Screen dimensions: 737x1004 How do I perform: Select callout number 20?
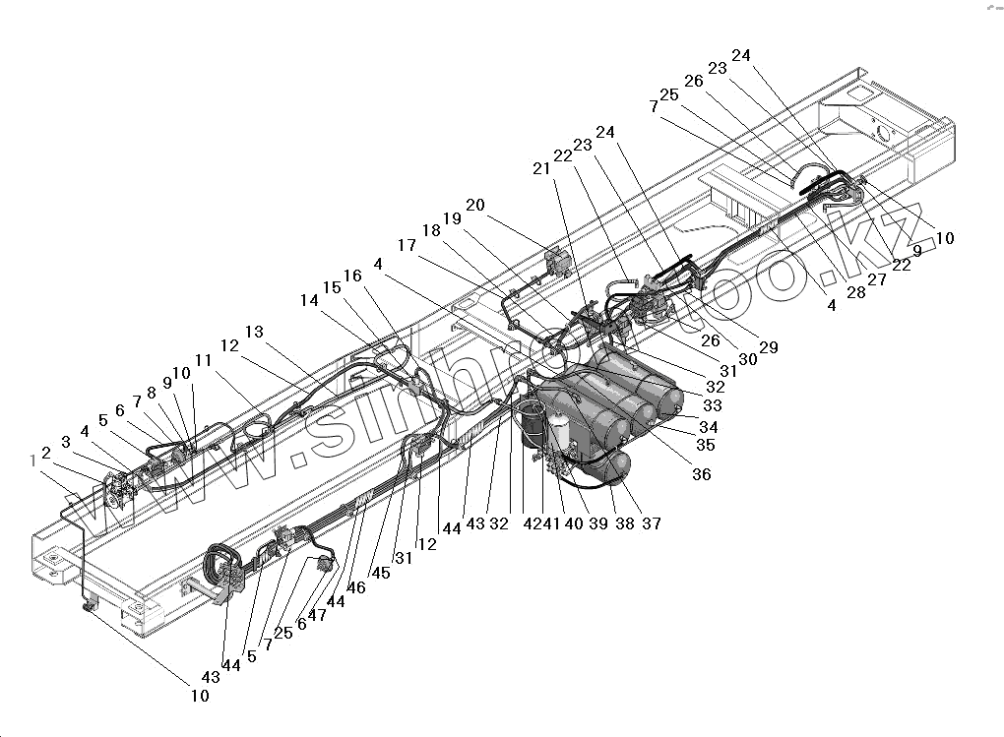tap(475, 206)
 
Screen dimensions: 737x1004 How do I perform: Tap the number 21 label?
tap(541, 169)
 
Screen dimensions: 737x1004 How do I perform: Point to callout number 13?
tap(255, 333)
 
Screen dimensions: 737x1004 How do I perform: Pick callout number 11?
tap(204, 361)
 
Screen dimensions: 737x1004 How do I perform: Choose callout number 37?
tap(651, 523)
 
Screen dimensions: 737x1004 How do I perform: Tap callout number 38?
tap(625, 523)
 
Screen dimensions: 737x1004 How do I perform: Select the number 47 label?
tap(318, 614)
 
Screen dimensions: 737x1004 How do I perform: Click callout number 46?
tap(355, 587)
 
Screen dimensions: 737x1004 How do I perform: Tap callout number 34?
tap(708, 427)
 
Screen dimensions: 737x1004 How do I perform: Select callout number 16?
tap(352, 276)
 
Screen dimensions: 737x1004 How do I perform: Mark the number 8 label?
tap(151, 392)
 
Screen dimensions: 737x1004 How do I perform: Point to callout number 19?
tap(452, 217)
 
